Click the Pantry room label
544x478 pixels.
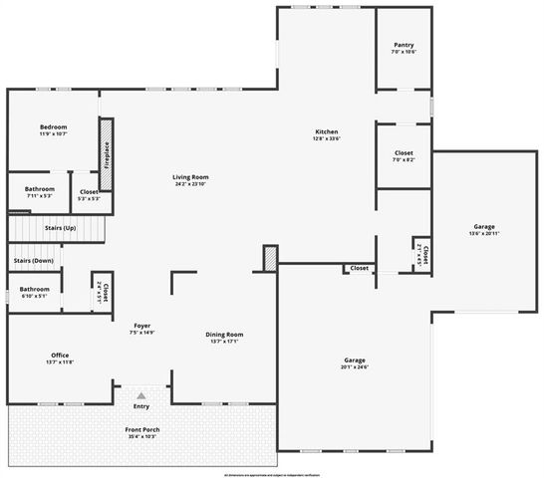click(x=404, y=45)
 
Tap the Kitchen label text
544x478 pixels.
click(x=327, y=132)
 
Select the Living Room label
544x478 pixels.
click(x=190, y=177)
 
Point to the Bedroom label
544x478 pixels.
click(x=53, y=127)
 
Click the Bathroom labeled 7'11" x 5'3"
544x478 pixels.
click(x=40, y=188)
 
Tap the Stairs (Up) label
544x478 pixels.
click(x=60, y=228)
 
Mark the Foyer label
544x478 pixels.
click(x=141, y=326)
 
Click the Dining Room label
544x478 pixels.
click(x=224, y=335)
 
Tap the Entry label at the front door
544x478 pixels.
click(x=140, y=406)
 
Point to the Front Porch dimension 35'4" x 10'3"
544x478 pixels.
click(x=143, y=436)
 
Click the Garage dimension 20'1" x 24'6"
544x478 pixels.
click(x=356, y=365)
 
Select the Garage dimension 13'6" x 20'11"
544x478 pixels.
click(x=483, y=234)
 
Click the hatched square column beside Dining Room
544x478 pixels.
click(x=269, y=258)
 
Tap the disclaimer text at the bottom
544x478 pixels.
click(x=272, y=473)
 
